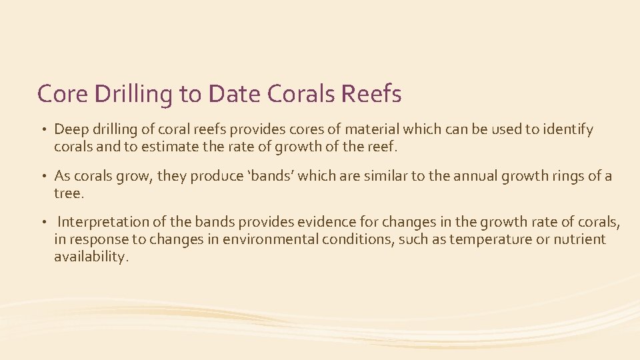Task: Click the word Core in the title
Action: [63, 94]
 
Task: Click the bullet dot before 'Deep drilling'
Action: [43, 129]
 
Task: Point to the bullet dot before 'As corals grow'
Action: [43, 176]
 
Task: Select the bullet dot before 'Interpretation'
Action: [43, 223]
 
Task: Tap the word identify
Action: [566, 129]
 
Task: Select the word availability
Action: [90, 256]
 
